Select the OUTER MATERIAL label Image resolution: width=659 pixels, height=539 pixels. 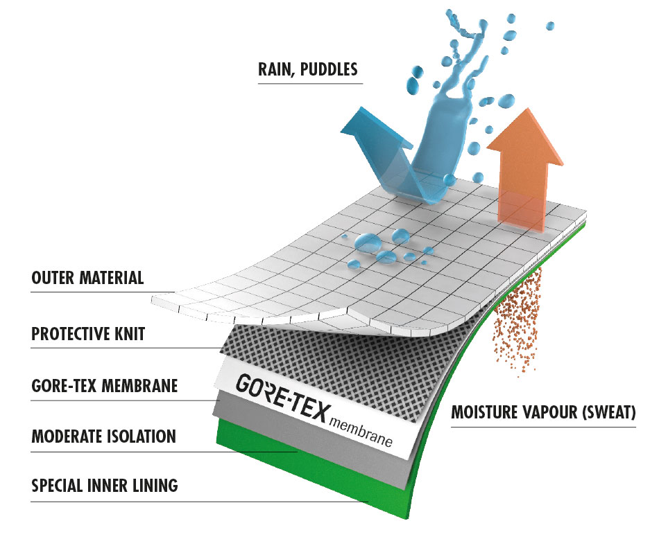87,279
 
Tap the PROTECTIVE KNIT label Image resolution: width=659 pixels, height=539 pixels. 88,333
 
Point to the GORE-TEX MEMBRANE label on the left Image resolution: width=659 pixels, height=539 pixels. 105,385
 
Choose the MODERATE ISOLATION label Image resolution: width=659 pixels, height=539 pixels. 103,436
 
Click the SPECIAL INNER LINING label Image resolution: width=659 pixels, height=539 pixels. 105,486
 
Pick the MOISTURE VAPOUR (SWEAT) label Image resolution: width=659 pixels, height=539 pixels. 543,414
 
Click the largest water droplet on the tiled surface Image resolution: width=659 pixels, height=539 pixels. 366,242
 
